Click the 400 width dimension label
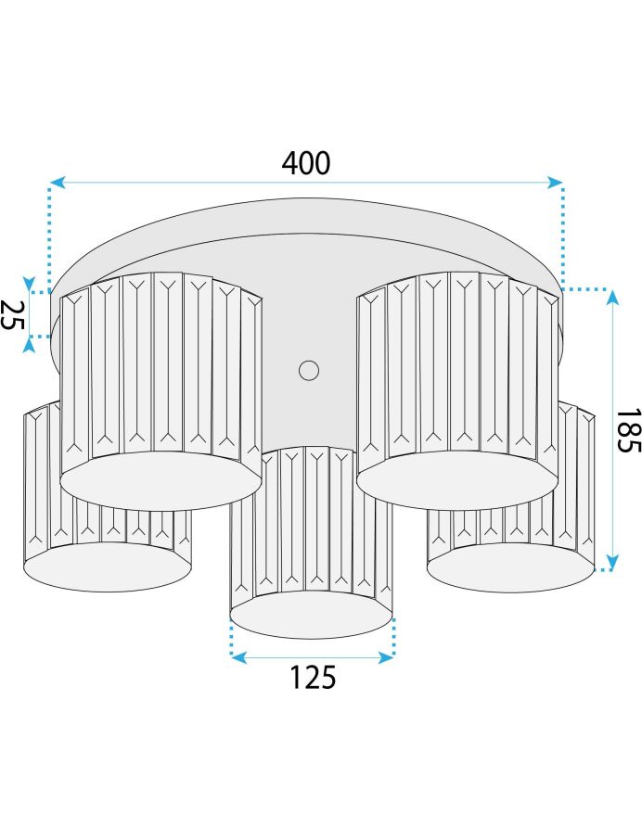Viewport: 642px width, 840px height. [x=306, y=163]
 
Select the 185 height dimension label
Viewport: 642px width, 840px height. [x=628, y=431]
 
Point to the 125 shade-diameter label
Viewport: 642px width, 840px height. [x=313, y=677]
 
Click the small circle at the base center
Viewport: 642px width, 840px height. [x=309, y=370]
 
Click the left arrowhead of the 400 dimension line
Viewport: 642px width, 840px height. [x=58, y=182]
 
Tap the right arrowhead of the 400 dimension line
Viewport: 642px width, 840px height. [x=555, y=182]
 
